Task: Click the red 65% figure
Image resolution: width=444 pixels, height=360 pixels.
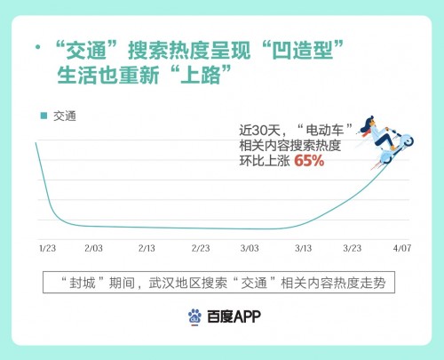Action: point(309,161)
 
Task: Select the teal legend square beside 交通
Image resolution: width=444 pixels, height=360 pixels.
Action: point(43,116)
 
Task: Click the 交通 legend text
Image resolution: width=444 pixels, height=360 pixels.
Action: point(65,116)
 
